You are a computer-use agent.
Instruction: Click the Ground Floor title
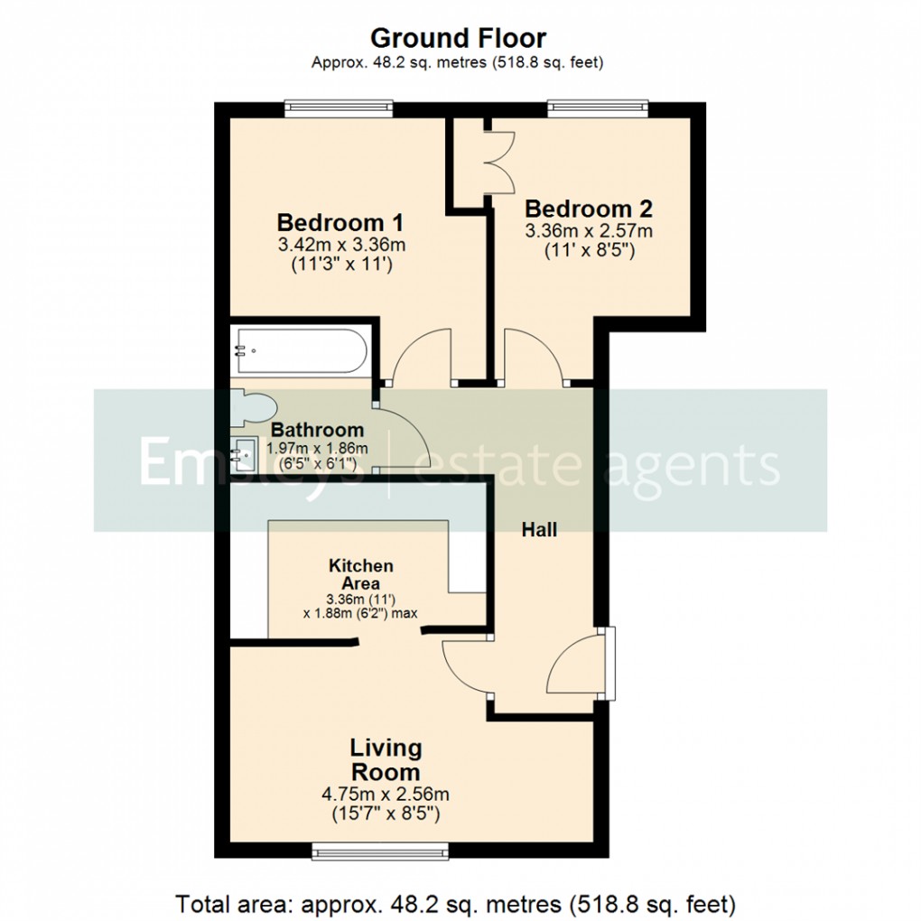[459, 39]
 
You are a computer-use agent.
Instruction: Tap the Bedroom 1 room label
[340, 222]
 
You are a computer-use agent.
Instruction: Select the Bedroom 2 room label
[589, 209]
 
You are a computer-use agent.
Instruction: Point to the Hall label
[539, 530]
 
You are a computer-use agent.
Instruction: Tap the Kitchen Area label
[360, 574]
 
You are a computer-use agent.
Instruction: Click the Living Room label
[386, 760]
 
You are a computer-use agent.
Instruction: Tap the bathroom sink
[245, 454]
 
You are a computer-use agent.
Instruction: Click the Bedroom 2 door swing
[534, 357]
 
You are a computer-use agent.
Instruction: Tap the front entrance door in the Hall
[578, 666]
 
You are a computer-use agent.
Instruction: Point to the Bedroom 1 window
[339, 108]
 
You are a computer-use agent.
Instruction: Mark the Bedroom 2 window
[599, 108]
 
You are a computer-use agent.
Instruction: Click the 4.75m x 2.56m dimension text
[386, 795]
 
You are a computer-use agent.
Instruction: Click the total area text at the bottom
[456, 903]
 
